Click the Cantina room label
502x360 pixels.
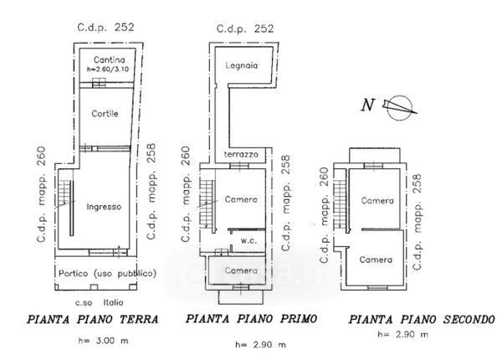pyautogui.click(x=110, y=59)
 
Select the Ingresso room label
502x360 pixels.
pyautogui.click(x=105, y=206)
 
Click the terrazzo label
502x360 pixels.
pyautogui.click(x=241, y=155)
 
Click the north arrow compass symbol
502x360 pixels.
pyautogui.click(x=397, y=105)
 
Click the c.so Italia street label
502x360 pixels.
pyautogui.click(x=100, y=301)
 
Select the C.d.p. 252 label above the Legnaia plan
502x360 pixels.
pyautogui.click(x=245, y=28)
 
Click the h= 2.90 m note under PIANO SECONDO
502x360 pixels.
pyautogui.click(x=402, y=335)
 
